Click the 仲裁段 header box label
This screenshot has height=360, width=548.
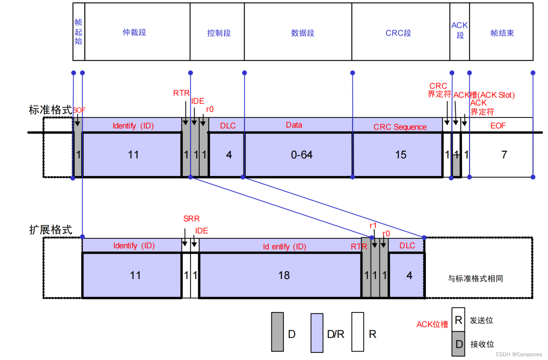pos(134,32)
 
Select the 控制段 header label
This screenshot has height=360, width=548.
pos(219,33)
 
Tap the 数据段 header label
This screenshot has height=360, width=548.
pos(302,33)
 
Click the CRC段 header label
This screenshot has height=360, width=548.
pos(398,33)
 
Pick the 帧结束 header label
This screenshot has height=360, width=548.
pos(502,33)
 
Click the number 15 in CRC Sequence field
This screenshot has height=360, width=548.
pos(401,155)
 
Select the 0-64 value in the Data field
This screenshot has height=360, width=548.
pos(302,155)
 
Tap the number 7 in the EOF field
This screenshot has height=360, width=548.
pos(504,155)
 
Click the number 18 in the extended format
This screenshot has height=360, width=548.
pos(284,275)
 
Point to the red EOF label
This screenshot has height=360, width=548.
pos(498,126)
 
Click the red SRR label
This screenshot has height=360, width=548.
pos(191,219)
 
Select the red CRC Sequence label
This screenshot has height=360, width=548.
pos(400,127)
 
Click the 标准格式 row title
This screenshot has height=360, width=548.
pos(50,110)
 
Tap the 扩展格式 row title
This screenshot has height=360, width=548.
pos(51,230)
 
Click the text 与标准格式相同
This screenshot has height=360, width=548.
pos(475,279)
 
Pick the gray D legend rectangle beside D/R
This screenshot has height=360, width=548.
pos(277,332)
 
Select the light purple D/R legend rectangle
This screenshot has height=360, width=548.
pos(317,333)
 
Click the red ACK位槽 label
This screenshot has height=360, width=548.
pos(432,324)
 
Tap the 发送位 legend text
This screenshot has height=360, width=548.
pos(481,320)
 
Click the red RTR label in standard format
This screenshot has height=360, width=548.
pos(181,93)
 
